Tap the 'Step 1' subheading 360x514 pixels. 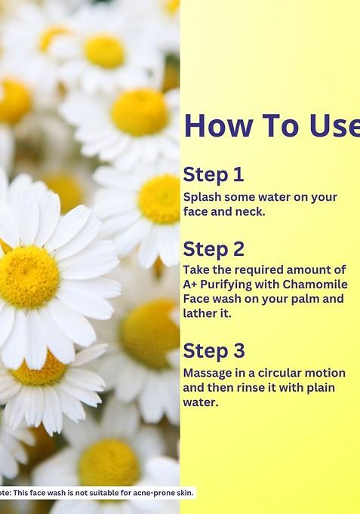tap(214, 175)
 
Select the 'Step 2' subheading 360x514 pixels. tap(214, 248)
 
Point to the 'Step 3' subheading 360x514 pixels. tap(214, 351)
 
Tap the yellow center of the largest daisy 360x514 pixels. tap(29, 276)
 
